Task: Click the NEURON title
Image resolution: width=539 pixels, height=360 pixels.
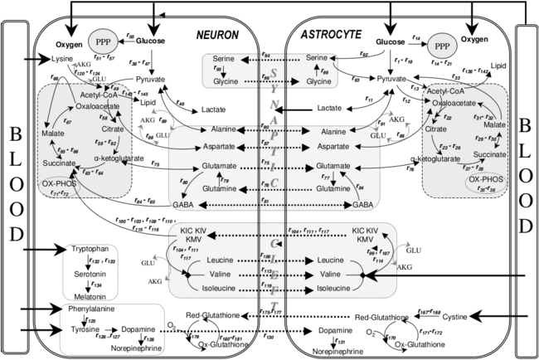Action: click(217, 35)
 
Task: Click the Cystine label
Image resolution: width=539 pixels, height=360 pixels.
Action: click(454, 317)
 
